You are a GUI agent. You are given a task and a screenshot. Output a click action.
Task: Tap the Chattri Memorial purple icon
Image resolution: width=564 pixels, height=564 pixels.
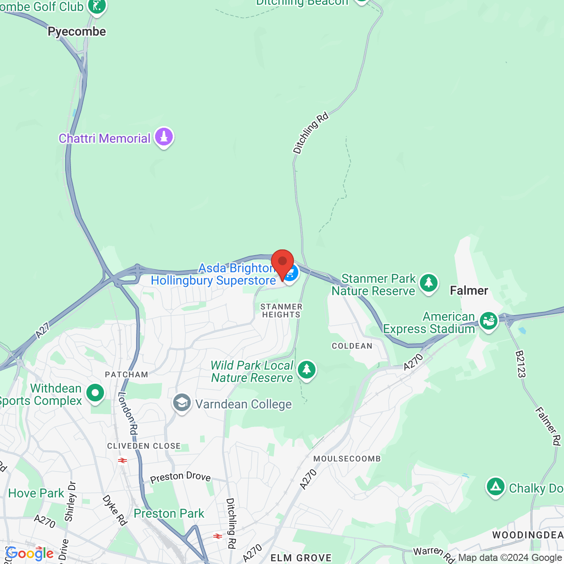[164, 137]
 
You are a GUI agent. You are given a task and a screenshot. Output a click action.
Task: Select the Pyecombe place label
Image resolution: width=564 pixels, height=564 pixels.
[77, 32]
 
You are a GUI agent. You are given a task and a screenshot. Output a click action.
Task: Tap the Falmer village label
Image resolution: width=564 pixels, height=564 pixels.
[469, 290]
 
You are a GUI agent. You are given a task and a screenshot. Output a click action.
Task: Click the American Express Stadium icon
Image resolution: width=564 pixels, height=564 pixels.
[488, 321]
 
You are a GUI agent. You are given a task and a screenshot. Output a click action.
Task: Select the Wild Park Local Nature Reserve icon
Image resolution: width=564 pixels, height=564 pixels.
[306, 370]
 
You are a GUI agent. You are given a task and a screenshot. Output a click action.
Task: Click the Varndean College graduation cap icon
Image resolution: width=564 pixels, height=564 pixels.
[182, 403]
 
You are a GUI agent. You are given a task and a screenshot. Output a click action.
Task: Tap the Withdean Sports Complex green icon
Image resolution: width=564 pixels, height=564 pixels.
[95, 393]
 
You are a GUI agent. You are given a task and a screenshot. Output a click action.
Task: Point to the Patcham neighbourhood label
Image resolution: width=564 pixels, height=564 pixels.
[126, 375]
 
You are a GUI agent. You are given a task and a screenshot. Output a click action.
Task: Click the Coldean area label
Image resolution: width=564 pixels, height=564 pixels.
[352, 346]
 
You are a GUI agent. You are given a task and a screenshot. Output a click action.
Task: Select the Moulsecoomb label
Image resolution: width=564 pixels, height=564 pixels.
[347, 459]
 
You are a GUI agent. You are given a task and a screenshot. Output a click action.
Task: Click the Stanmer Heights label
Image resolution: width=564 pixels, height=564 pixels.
[281, 311]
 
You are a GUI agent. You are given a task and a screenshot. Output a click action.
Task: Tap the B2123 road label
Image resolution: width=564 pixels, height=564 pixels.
[520, 364]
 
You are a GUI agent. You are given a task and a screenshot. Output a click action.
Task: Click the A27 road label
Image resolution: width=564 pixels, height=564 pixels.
[43, 330]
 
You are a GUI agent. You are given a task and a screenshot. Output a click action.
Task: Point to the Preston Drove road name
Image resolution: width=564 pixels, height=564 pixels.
[180, 477]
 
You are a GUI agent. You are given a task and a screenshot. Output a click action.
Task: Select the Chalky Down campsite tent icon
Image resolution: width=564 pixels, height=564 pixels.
[495, 487]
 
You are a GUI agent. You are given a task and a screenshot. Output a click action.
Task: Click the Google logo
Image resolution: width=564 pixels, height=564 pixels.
[30, 553]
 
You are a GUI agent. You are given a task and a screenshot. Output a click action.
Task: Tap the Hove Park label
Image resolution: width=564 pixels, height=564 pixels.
[36, 493]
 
